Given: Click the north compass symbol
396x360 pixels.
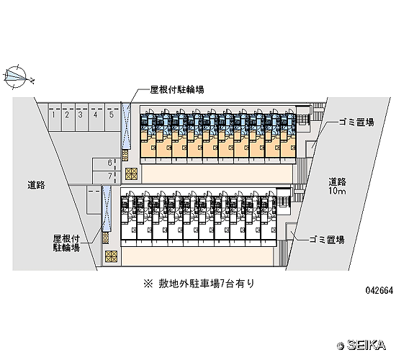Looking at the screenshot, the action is click(16, 77).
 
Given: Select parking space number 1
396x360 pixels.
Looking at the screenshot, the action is click(55, 117).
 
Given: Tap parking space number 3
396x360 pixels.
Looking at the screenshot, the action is click(81, 117).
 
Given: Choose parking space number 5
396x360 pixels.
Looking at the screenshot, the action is click(112, 117).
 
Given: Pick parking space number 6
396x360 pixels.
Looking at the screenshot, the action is click(106, 164).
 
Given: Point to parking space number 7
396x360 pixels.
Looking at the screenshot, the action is click(106, 177).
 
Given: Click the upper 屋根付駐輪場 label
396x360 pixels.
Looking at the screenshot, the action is click(177, 90).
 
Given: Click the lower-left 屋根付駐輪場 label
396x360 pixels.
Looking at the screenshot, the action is click(66, 243).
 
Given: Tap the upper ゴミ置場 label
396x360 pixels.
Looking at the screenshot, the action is click(356, 122).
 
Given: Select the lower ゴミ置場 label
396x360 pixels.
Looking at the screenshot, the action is click(327, 239).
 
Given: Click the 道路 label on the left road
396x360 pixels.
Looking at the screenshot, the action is click(37, 185).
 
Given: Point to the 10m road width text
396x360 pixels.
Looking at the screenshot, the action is click(337, 191).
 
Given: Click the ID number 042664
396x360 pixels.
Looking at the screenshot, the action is click(379, 291).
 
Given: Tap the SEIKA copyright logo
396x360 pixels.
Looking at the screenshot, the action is click(361, 345).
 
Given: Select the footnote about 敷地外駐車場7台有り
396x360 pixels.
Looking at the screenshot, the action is click(199, 284).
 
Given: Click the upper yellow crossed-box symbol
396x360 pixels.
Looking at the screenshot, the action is click(131, 174).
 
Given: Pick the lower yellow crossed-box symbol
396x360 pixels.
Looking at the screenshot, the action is click(112, 256).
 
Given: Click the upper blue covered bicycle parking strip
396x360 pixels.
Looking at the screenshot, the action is click(126, 127).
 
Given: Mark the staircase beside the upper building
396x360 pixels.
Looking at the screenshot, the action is click(303, 119).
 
